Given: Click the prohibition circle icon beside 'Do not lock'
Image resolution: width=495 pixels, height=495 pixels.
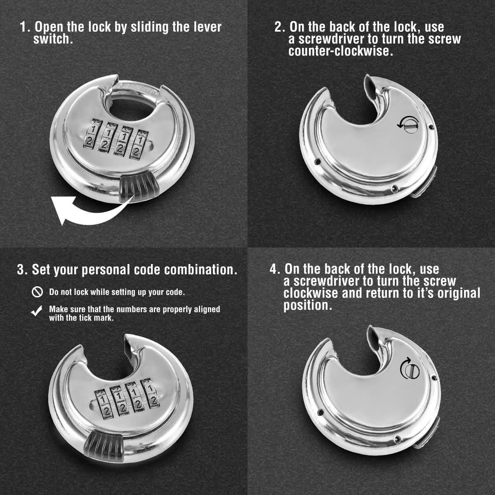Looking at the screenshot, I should tap(37, 292).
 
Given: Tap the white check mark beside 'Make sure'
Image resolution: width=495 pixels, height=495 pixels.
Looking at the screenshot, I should tap(37, 312).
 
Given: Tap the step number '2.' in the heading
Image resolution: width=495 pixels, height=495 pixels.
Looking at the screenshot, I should tap(280, 27).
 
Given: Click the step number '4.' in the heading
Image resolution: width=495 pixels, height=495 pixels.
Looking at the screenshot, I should tap(275, 269).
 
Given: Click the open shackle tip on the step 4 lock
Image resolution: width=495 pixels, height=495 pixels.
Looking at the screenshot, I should tap(372, 332).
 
